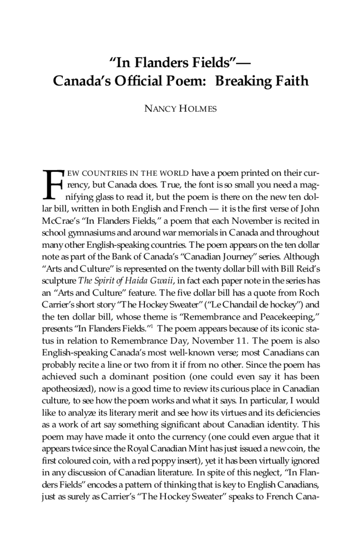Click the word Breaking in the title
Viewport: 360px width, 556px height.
tap(244, 81)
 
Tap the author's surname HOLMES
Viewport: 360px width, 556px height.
tap(198, 109)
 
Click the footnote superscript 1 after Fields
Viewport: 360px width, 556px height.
tap(151, 326)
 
